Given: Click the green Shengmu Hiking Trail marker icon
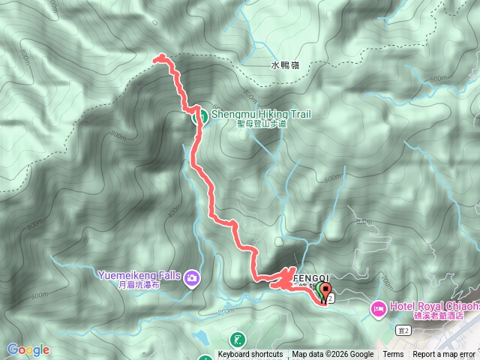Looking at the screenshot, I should point(200,115).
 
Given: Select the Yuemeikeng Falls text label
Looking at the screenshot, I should point(139,275).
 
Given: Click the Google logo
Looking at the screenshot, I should point(28,349).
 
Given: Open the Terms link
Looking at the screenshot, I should point(393,355).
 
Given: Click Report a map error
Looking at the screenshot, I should point(444,355).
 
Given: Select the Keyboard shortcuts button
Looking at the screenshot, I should point(250,355).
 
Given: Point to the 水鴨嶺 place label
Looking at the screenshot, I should point(284,66).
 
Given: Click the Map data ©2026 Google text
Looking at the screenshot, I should point(332,355).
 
